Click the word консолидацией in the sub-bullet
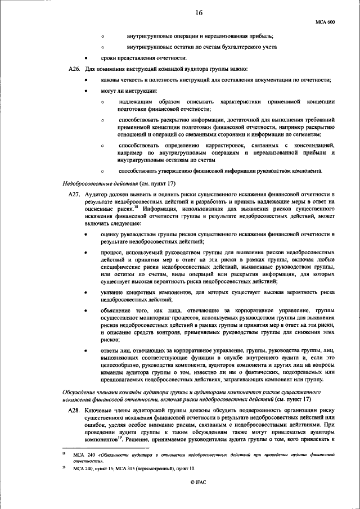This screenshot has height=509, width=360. (312, 146)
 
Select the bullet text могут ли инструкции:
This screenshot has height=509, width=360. (129, 91)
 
